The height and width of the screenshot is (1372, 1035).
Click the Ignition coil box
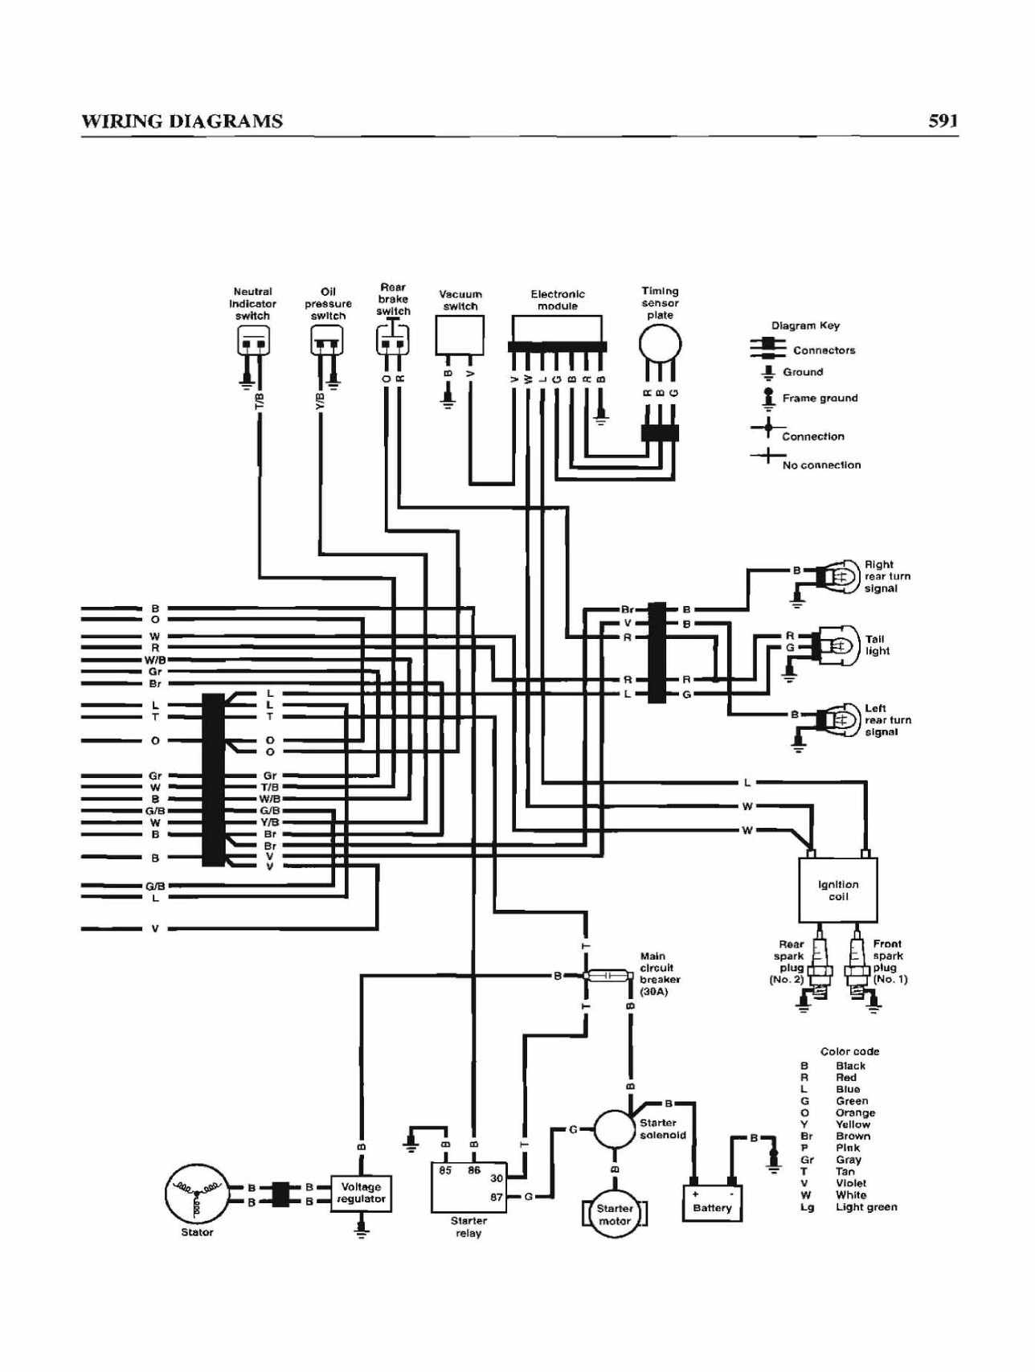pos(837,890)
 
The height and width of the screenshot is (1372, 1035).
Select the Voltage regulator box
pos(361,1193)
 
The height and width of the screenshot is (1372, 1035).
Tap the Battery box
pos(712,1203)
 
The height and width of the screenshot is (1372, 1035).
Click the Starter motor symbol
pos(615,1214)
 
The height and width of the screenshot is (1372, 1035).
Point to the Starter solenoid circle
pos(615,1130)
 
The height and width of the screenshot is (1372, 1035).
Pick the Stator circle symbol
pos(197,1194)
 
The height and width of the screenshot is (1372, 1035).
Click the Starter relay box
pos(468,1186)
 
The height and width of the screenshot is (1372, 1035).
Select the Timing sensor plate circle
pos(660,344)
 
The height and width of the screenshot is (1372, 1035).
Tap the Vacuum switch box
pos(460,335)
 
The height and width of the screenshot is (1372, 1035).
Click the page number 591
pos(943,121)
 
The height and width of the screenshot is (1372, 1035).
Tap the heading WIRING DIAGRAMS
pos(182,121)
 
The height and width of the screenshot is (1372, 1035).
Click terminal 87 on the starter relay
pos(497,1197)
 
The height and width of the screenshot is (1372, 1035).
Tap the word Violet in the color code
pos(851,1183)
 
